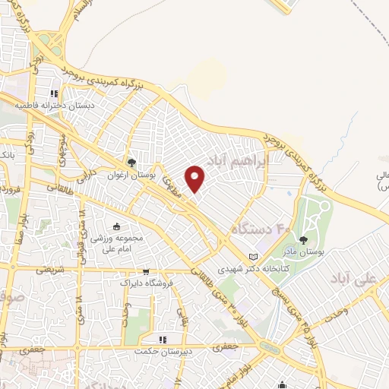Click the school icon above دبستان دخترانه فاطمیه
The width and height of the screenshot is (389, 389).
tap(53, 94)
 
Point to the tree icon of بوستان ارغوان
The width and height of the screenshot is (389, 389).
tap(132, 162)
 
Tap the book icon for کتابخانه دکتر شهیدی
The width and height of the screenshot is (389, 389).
tap(254, 255)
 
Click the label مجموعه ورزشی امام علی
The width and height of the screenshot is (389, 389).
tap(118, 244)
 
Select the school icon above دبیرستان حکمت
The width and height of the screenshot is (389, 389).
tap(162, 339)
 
